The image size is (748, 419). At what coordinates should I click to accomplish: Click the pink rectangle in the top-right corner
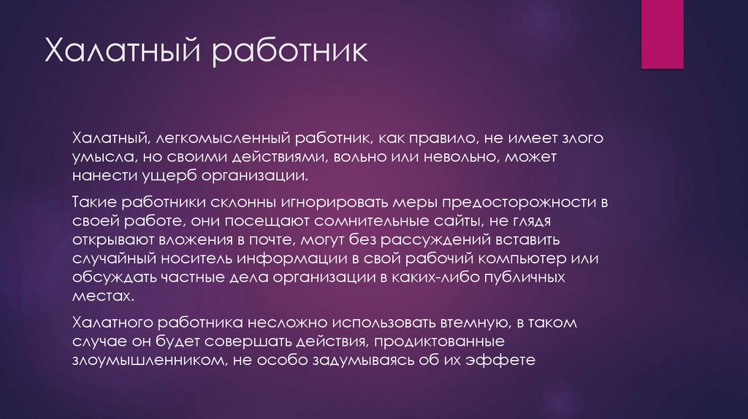662,34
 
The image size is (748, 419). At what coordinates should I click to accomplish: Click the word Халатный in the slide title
123,55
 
